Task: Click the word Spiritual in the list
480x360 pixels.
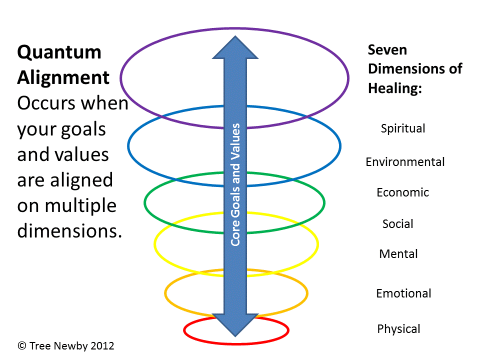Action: [403, 128]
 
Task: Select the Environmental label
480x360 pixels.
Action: [405, 162]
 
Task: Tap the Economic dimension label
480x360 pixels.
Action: [403, 192]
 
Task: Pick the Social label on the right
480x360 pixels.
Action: [398, 223]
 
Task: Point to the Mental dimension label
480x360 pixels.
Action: [398, 254]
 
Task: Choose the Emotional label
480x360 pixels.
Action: [403, 293]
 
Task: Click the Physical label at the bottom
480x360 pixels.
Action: [398, 329]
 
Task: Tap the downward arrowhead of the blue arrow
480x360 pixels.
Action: [235, 325]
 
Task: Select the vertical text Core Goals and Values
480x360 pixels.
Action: [235, 184]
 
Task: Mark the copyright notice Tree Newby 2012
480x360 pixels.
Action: [66, 345]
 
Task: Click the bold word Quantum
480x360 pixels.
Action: [59, 52]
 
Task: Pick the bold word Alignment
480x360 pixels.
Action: [63, 77]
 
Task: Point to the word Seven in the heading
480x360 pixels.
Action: [387, 50]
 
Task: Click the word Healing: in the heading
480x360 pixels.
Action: [395, 88]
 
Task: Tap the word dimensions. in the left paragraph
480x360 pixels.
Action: [69, 231]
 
